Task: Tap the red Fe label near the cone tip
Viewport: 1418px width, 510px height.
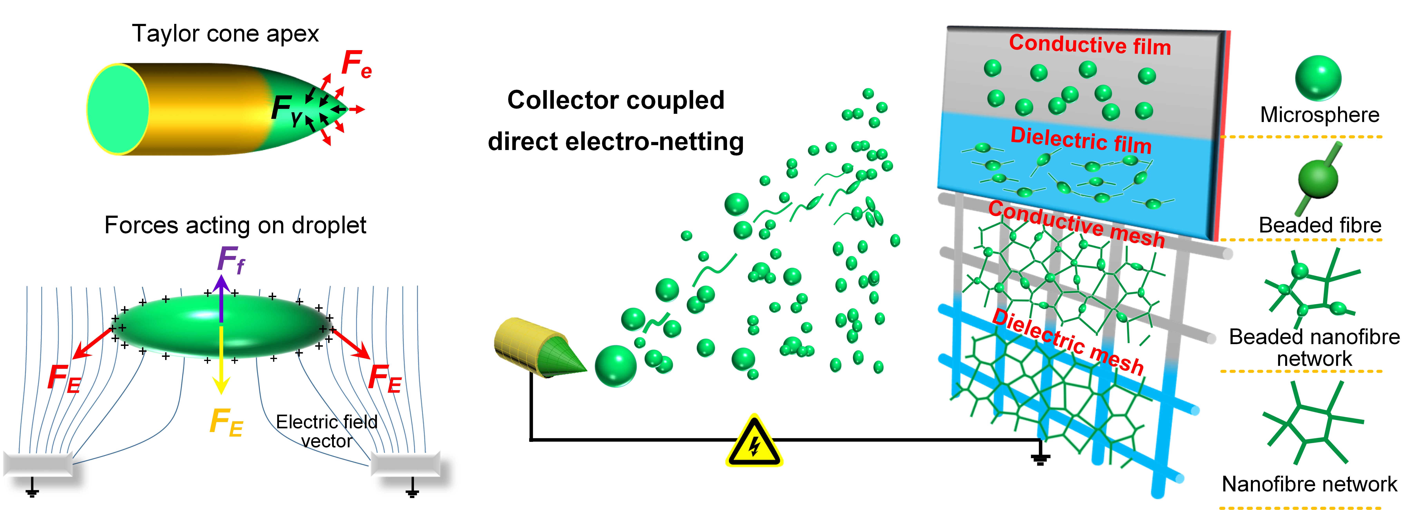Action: [356, 64]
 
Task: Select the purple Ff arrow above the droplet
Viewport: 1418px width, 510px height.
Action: [221, 297]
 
